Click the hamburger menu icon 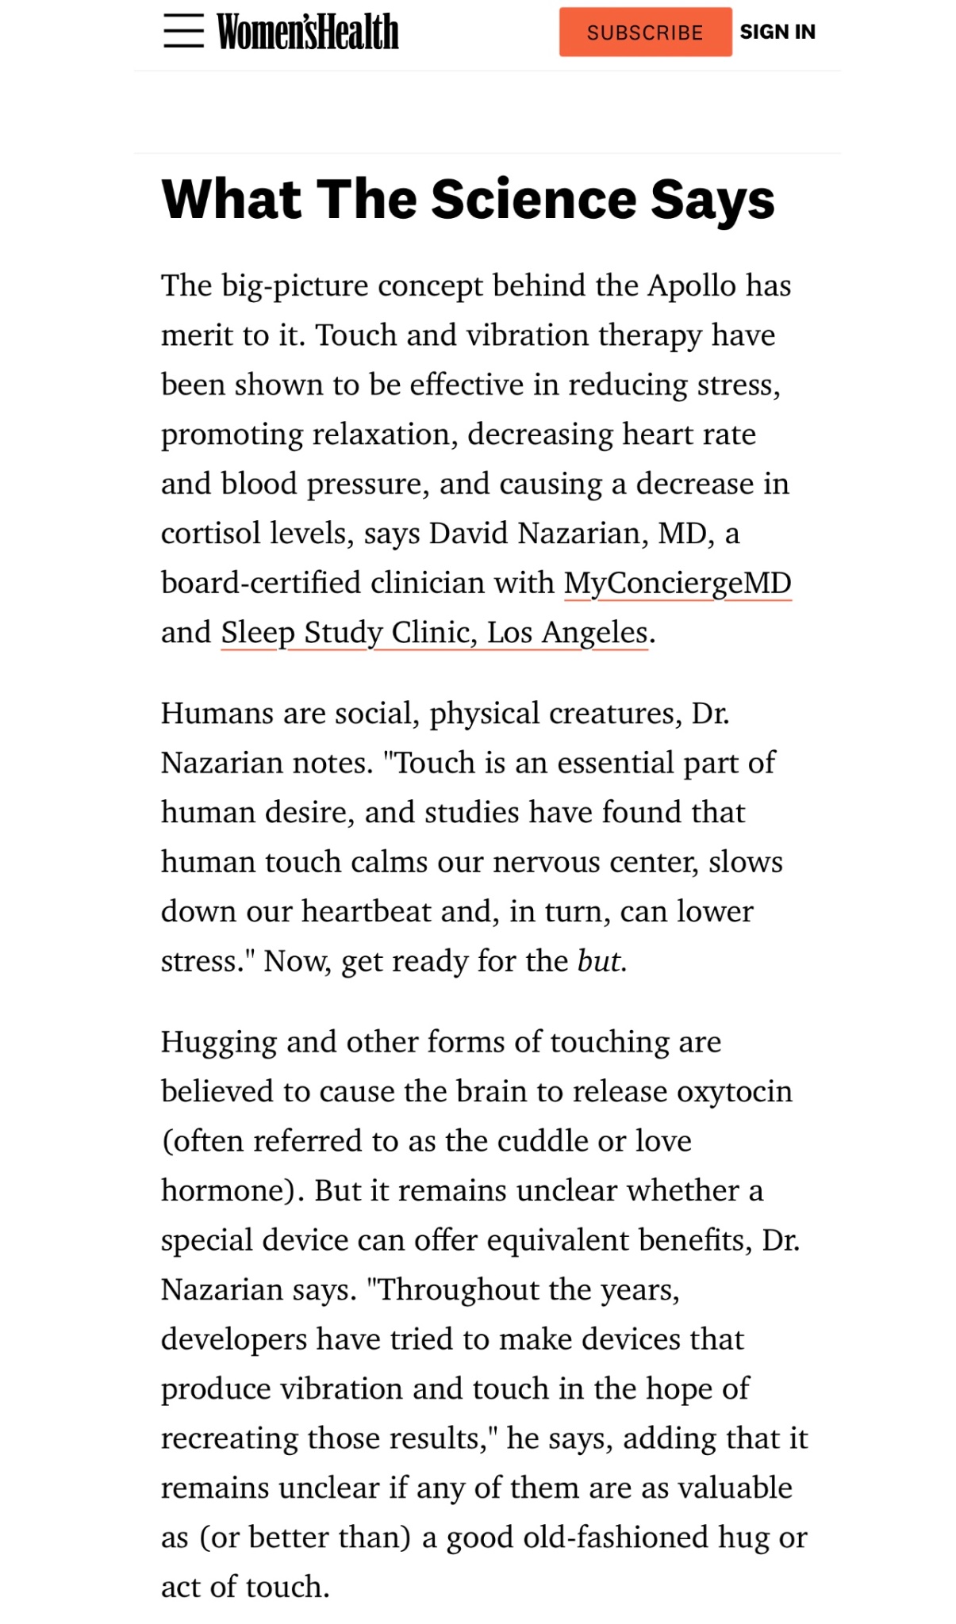(183, 32)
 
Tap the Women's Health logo (308, 32)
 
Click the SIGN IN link (777, 32)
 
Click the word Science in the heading (534, 198)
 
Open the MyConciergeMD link (678, 583)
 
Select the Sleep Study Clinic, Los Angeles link (435, 633)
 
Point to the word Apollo (692, 285)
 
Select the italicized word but (599, 961)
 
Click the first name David (470, 534)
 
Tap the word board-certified (261, 583)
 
